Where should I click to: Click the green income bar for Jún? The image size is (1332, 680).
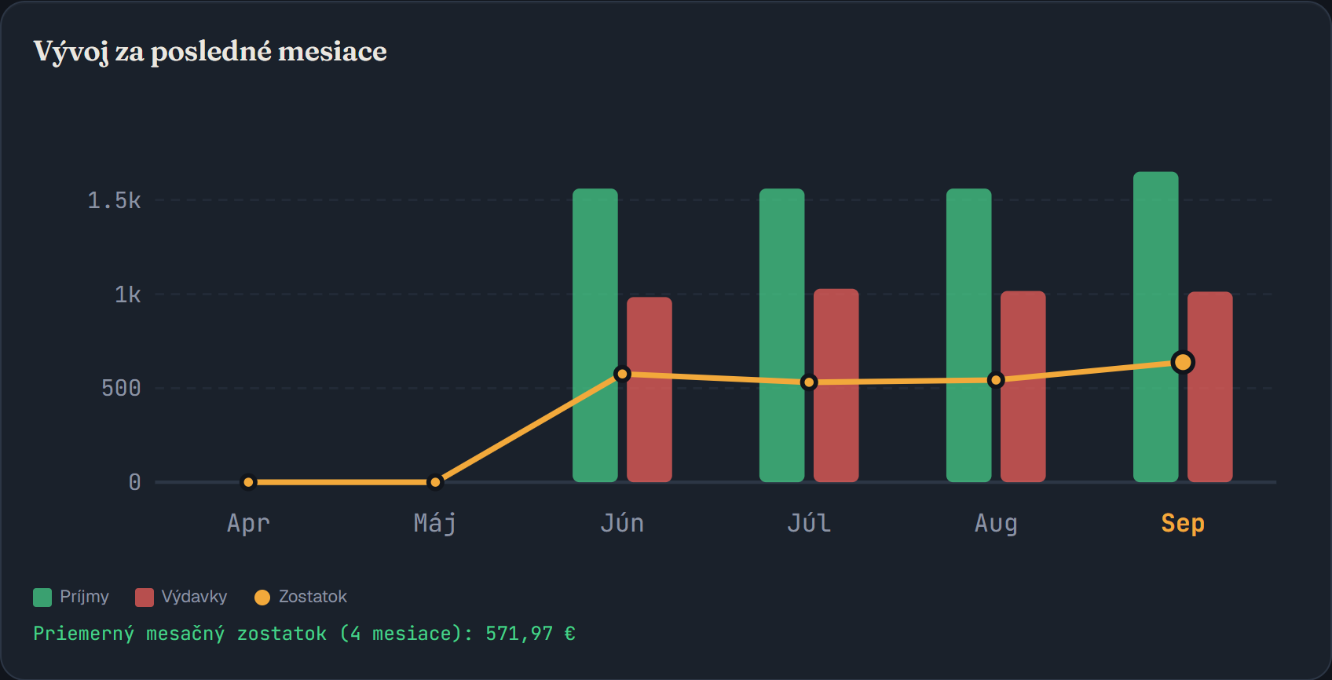click(x=595, y=335)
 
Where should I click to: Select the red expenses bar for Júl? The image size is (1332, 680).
click(x=836, y=386)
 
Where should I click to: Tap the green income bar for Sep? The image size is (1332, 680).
click(x=1156, y=327)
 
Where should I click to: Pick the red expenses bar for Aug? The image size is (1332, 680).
click(x=1023, y=386)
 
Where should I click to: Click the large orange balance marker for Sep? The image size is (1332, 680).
click(x=1183, y=362)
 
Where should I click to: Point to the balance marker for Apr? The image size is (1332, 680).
click(x=248, y=482)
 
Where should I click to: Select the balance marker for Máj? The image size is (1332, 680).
click(x=435, y=482)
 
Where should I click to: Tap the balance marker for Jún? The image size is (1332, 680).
click(x=622, y=374)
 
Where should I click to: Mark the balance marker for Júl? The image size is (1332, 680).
click(x=809, y=382)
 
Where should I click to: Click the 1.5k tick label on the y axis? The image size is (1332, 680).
click(x=114, y=200)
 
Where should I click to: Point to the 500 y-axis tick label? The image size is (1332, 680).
click(x=121, y=388)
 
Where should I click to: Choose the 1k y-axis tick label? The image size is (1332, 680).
click(x=128, y=294)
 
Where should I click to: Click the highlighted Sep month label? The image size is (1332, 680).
click(x=1183, y=524)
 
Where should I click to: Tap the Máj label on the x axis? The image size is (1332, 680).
click(x=435, y=524)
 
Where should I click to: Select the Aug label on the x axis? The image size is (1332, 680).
click(x=996, y=524)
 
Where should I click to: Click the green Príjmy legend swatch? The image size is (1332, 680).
click(x=42, y=598)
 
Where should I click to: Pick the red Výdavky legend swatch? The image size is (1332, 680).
click(x=145, y=598)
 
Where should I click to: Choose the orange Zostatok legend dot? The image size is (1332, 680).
click(x=262, y=598)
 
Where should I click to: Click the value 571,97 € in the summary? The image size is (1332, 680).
click(x=530, y=634)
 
